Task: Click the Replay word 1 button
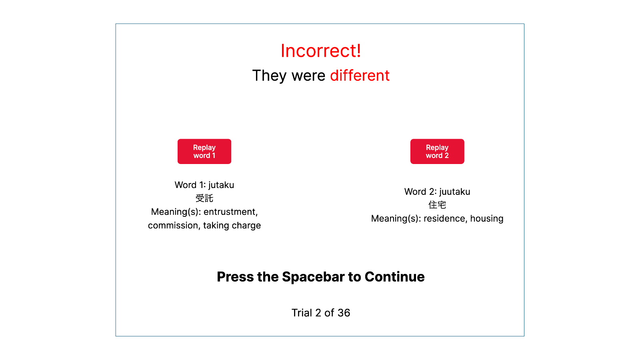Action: (204, 152)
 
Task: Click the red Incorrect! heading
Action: (320, 51)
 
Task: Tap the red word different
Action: (360, 76)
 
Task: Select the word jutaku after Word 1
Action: (221, 185)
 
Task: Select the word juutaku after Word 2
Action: (455, 192)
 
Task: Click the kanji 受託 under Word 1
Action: (204, 198)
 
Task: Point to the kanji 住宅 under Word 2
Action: (437, 205)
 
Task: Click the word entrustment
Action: (230, 212)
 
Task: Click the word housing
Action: (487, 218)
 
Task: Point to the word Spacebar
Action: (313, 277)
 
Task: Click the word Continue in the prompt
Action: (394, 276)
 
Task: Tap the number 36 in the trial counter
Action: (344, 313)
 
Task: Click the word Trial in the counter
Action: (302, 313)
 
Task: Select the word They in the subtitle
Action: (270, 76)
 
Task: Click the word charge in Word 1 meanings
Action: (246, 226)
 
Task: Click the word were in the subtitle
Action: (308, 76)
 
